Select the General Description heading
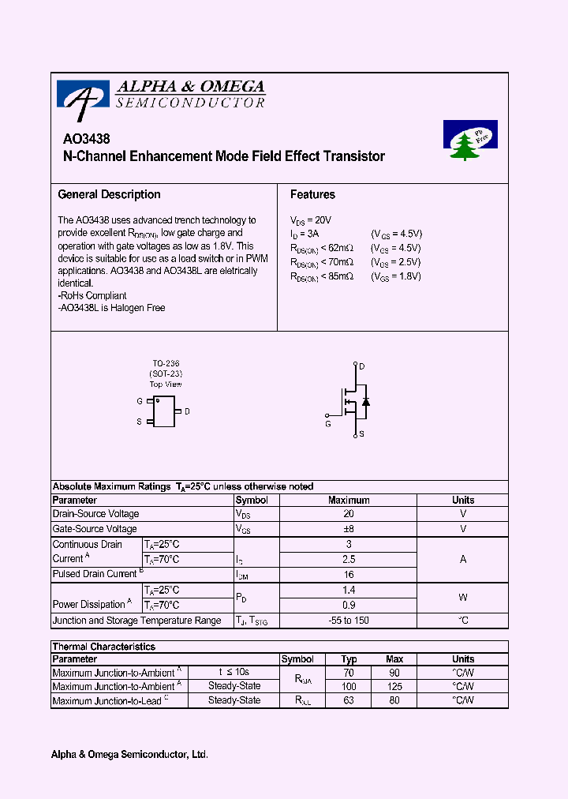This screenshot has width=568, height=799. (109, 194)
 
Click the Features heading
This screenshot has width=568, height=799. (312, 194)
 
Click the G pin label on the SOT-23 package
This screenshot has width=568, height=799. (140, 401)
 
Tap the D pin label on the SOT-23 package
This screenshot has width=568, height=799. (187, 411)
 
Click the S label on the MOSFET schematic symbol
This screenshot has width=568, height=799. (361, 434)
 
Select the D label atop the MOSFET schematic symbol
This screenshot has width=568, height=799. (361, 366)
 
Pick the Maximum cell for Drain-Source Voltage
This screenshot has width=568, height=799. (349, 514)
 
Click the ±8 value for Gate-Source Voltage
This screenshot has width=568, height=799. (349, 529)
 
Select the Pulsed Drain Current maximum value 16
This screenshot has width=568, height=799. (349, 575)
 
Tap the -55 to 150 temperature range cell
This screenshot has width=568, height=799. (349, 621)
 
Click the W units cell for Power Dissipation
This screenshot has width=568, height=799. (463, 598)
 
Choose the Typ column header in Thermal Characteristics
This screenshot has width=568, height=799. (349, 659)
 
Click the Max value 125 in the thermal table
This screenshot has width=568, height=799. (395, 687)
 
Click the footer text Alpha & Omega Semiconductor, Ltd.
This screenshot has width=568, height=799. (129, 755)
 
